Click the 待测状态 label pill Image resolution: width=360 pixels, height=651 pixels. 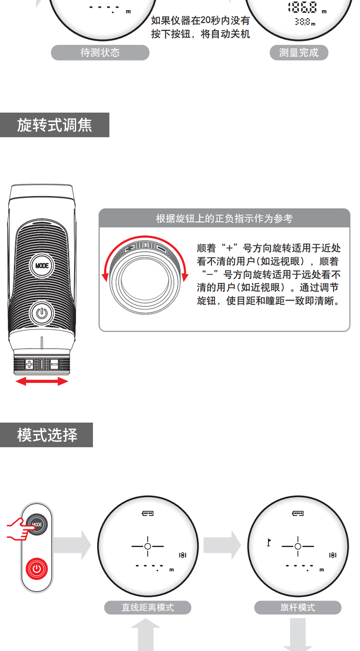(x=100, y=53)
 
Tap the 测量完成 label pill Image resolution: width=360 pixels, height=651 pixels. (x=299, y=53)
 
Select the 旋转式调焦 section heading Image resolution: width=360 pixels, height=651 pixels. (x=54, y=125)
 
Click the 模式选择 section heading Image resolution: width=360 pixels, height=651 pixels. (x=46, y=435)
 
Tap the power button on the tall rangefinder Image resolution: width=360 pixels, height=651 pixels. (x=41, y=313)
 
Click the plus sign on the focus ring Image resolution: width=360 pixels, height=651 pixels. (x=29, y=364)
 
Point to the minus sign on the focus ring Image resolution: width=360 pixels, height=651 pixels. (x=54, y=364)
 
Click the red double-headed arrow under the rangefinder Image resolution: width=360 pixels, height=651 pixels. (x=41, y=381)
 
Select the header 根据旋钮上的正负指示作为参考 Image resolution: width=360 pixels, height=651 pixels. (x=224, y=219)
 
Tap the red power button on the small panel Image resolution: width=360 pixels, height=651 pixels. (x=37, y=568)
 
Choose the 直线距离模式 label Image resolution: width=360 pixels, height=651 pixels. (x=148, y=608)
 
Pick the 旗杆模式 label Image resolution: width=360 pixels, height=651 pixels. (x=298, y=608)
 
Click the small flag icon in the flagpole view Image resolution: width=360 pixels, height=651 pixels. (x=269, y=542)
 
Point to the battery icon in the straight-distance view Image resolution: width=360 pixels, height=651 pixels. (x=148, y=513)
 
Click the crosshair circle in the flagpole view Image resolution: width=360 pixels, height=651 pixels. (x=298, y=546)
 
